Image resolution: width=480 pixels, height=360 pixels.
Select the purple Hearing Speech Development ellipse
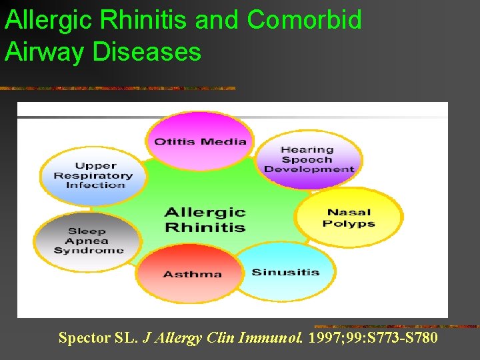tap(309, 159)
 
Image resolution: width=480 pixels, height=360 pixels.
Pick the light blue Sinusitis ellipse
tap(285, 272)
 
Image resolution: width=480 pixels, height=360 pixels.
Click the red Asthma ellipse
tap(193, 274)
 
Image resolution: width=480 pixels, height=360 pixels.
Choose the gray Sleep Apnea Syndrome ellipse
tap(89, 241)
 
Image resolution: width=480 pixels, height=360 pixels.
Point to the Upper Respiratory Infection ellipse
tap(93, 175)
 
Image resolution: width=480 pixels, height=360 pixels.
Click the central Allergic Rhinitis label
tap(205, 219)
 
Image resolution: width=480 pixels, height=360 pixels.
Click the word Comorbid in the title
tap(304, 20)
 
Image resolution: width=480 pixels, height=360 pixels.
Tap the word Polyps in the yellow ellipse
tap(349, 223)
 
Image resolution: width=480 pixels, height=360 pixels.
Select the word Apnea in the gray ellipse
tap(89, 241)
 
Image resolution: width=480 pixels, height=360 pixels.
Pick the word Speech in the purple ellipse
tap(307, 159)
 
